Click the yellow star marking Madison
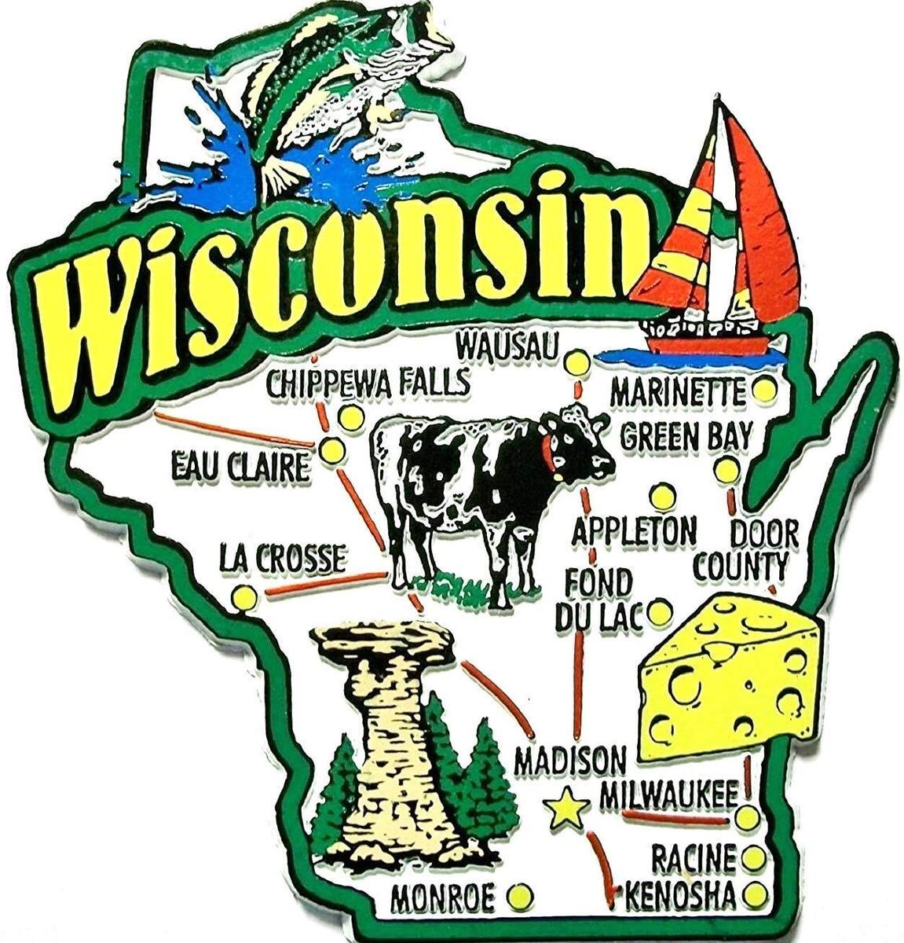click(565, 809)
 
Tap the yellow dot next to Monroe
click(520, 895)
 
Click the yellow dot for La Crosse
click(243, 598)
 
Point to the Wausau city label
click(507, 345)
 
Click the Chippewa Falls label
click(368, 383)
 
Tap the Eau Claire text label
click(240, 469)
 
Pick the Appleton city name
click(633, 532)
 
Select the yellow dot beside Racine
click(753, 857)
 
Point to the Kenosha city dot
click(755, 894)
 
